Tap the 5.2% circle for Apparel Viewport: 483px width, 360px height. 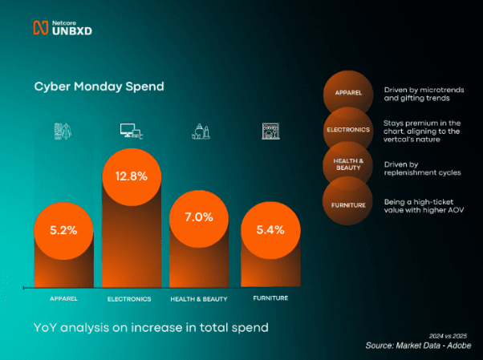pos(63,230)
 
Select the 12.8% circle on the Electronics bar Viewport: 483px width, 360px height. pos(132,176)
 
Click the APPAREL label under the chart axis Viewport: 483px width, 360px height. pos(63,298)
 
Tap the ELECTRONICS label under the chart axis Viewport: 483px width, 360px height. pos(129,299)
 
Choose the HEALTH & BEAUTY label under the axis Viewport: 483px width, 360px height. pos(199,299)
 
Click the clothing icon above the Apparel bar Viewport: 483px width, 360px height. pos(63,131)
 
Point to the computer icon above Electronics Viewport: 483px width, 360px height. pos(131,131)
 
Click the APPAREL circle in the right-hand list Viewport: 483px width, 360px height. pos(348,93)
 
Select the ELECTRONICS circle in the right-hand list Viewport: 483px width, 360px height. pos(348,129)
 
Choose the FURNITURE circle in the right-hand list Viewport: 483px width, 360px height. pos(348,204)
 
